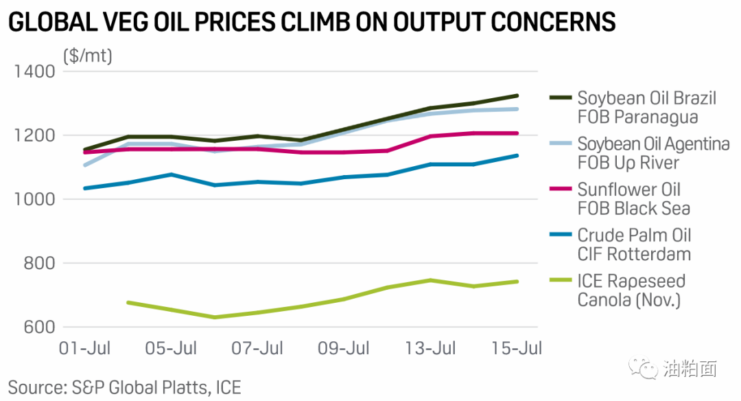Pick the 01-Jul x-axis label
click(84, 348)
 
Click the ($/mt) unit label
click(87, 56)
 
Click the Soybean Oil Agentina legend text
click(652, 153)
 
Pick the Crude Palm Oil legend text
click(634, 244)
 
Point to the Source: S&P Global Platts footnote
click(125, 387)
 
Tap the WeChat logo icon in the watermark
click(644, 369)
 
